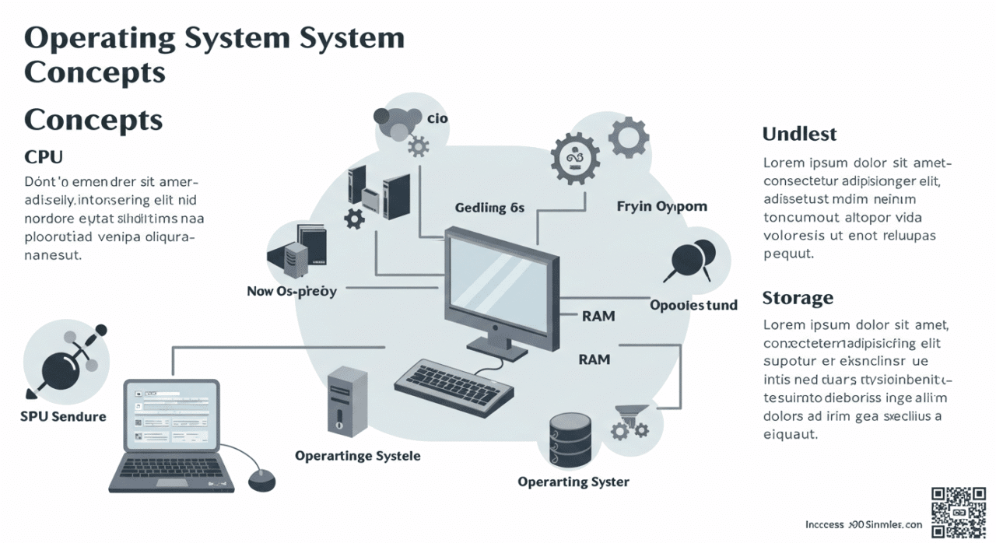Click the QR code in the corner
pos(959,511)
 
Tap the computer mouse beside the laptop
pos(261,480)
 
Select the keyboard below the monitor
pos(454,383)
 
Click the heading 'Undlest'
pos(799,134)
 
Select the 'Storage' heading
pos(798,298)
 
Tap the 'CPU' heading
pos(44,156)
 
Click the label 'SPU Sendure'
pos(63,416)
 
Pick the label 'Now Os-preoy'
pos(292,292)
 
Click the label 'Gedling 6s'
pos(489,208)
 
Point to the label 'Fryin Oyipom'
pos(661,207)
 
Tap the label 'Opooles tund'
pos(693,305)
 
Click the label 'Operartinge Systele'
pos(357,456)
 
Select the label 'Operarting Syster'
pos(573,482)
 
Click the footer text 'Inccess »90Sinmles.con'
pos(863,525)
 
